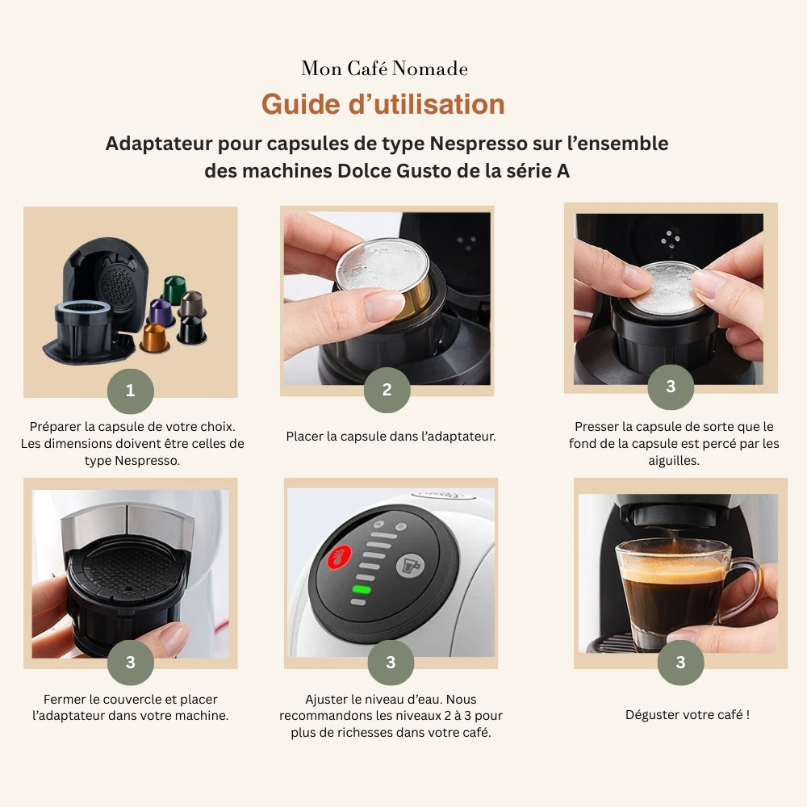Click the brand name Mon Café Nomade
click(x=384, y=69)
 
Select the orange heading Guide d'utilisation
click(x=383, y=104)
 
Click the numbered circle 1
click(x=131, y=391)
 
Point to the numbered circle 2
click(x=387, y=390)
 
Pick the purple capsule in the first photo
click(x=161, y=312)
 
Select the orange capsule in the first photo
click(x=154, y=337)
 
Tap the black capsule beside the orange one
click(x=191, y=329)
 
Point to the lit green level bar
click(x=361, y=590)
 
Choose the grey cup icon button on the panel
click(x=411, y=565)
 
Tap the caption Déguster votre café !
click(x=688, y=714)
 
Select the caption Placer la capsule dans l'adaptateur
click(x=391, y=437)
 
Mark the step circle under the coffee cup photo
click(x=680, y=663)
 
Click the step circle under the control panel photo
click(x=391, y=663)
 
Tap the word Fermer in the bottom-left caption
click(x=62, y=700)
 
